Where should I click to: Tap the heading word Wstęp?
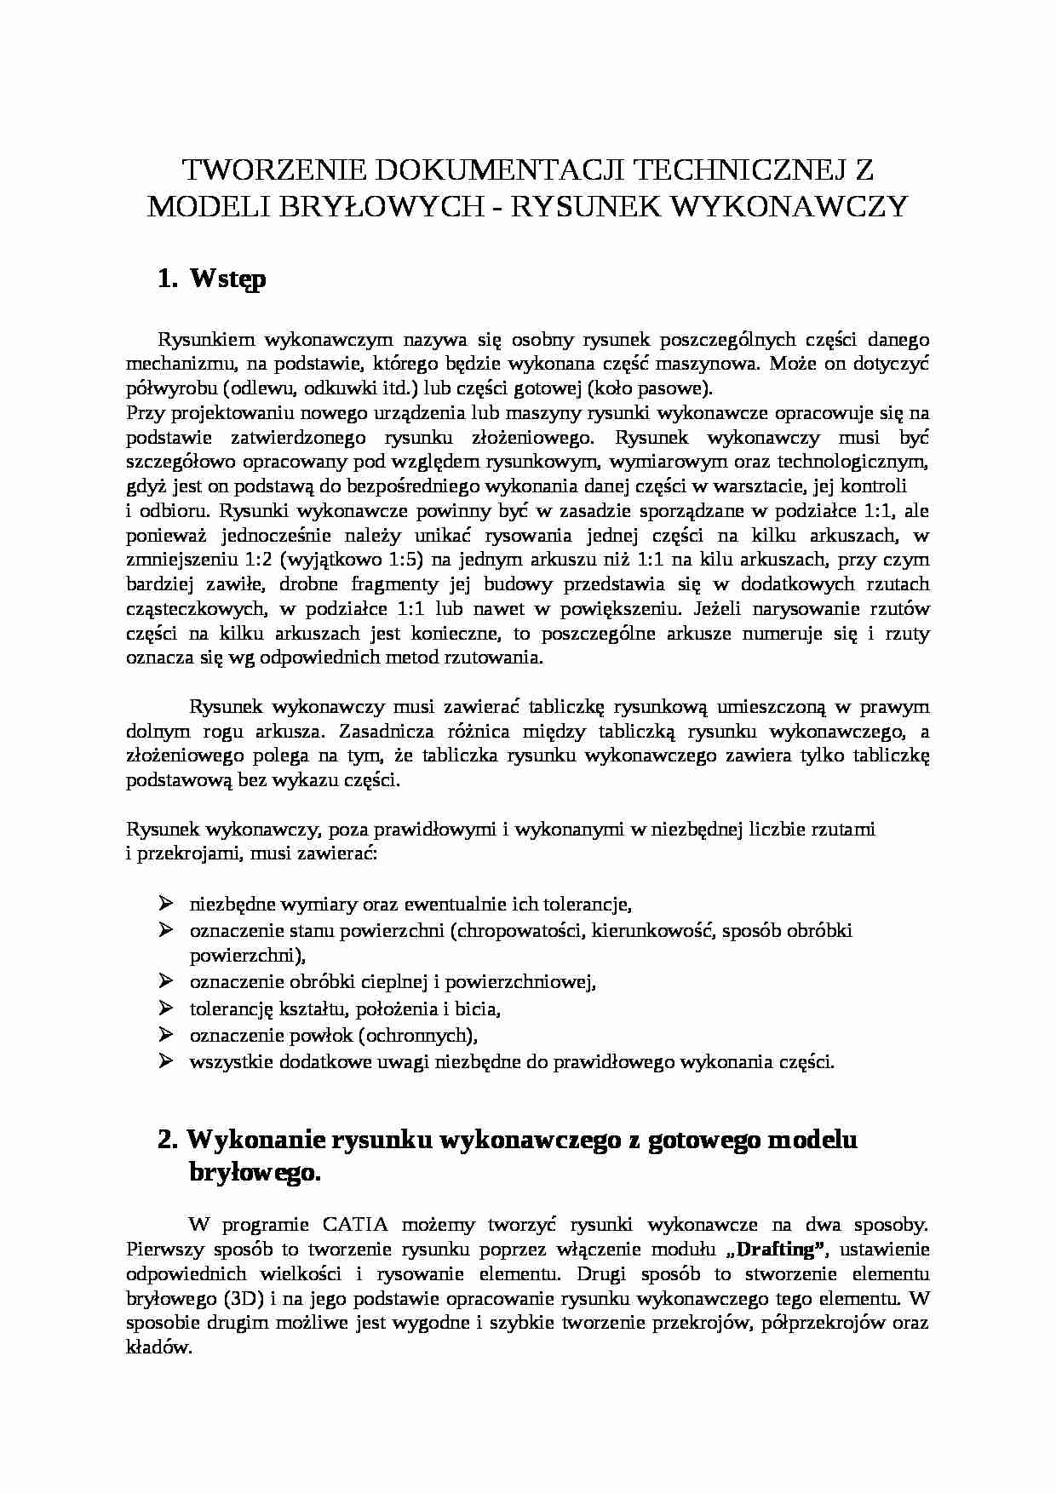click(x=228, y=279)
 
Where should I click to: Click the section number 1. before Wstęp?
click(x=168, y=279)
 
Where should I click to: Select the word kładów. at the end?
click(x=159, y=1348)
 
